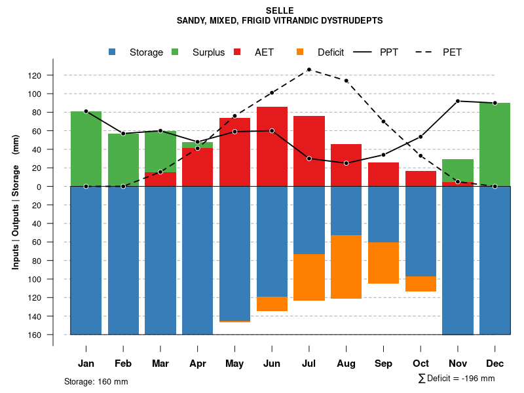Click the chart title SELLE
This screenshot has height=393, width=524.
pos(280,10)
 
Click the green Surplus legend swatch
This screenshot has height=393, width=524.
pos(175,52)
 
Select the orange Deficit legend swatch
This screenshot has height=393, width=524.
pos(300,52)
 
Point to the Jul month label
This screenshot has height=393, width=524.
pos(309,364)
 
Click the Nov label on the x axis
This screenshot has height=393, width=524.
pos(457,364)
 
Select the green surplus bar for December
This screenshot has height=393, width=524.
pos(495,144)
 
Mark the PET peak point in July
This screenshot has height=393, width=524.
pos(309,69)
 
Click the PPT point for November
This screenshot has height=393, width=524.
pos(457,101)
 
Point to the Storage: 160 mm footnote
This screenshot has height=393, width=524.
pos(96,382)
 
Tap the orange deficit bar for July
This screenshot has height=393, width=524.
pos(309,277)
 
